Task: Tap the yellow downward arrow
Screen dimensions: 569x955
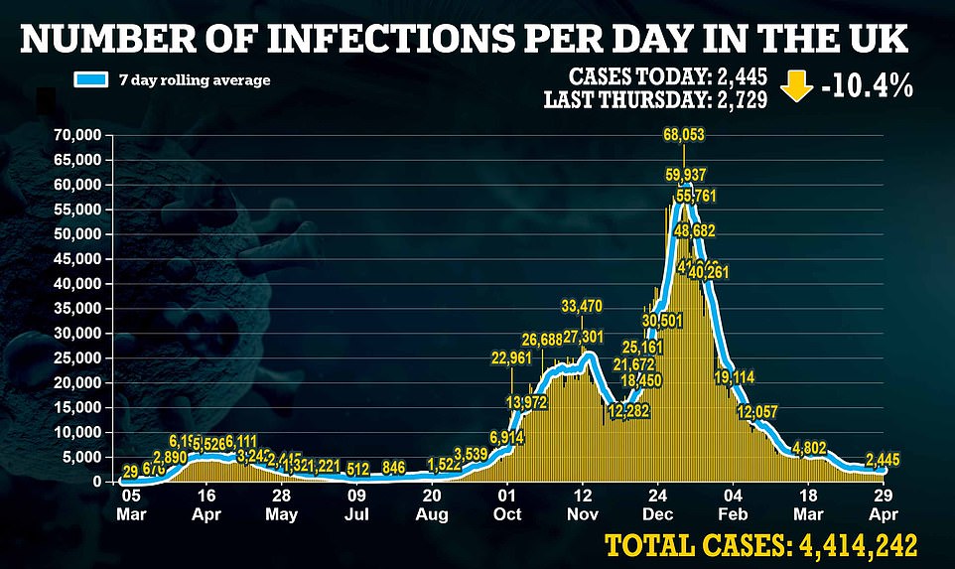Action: click(x=796, y=86)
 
